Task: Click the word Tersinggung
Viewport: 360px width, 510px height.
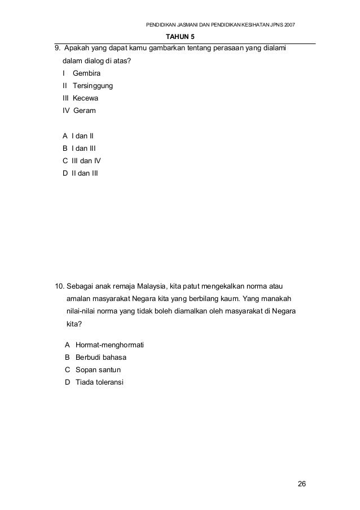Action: [x=93, y=86]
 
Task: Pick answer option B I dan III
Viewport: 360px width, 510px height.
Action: [x=80, y=149]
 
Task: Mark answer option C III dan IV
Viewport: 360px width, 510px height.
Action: [x=82, y=160]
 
